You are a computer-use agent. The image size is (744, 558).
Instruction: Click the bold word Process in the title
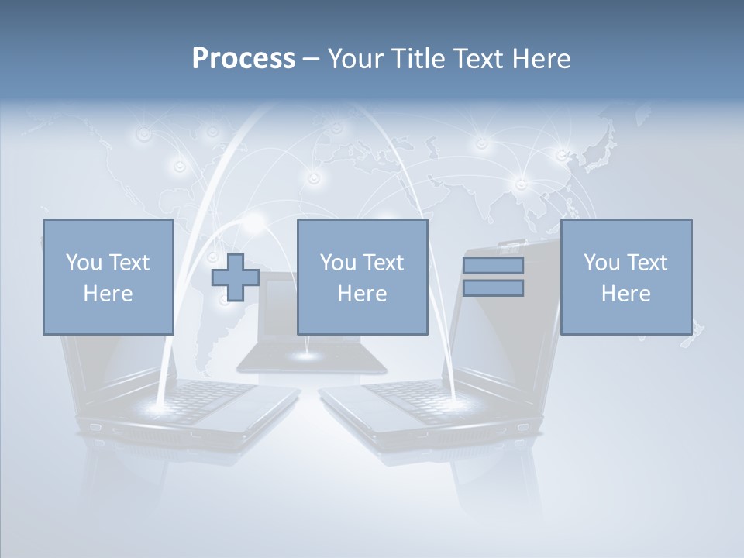pyautogui.click(x=243, y=58)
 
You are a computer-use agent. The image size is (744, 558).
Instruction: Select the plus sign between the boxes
pyautogui.click(x=236, y=277)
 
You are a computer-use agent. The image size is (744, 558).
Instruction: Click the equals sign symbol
pyautogui.click(x=493, y=277)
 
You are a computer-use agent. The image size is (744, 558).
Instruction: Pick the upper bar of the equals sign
pyautogui.click(x=493, y=265)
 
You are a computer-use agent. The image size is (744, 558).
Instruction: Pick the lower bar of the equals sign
pyautogui.click(x=493, y=288)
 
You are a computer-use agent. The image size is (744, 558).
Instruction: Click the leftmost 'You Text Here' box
pyautogui.click(x=108, y=277)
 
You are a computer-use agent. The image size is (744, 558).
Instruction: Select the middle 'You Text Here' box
pyautogui.click(x=362, y=277)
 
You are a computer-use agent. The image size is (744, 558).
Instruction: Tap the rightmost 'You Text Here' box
pyautogui.click(x=625, y=277)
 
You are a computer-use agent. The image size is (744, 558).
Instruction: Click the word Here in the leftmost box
pyautogui.click(x=108, y=294)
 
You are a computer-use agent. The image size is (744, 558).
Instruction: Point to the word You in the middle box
pyautogui.click(x=338, y=263)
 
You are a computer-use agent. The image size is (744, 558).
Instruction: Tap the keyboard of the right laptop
pyautogui.click(x=411, y=391)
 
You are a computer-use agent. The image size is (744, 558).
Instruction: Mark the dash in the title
pyautogui.click(x=311, y=59)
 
